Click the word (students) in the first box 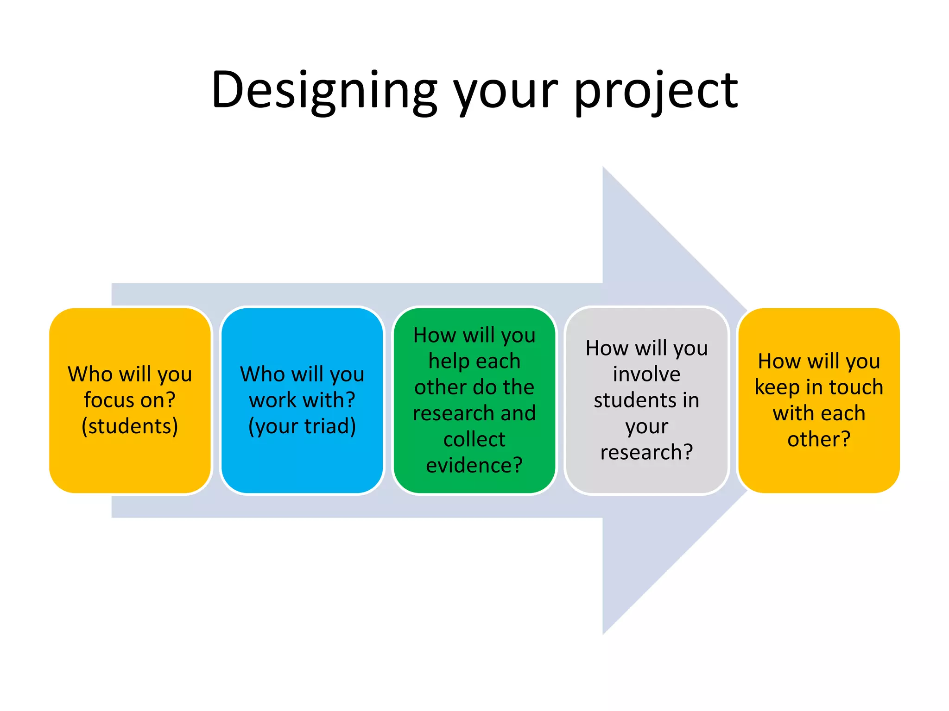pyautogui.click(x=130, y=426)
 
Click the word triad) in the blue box pyautogui.click(x=330, y=426)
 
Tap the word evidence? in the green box pyautogui.click(x=474, y=465)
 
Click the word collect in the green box pyautogui.click(x=474, y=439)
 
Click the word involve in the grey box pyautogui.click(x=646, y=374)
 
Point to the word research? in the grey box pyautogui.click(x=646, y=452)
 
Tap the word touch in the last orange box pyautogui.click(x=856, y=387)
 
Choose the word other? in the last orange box pyautogui.click(x=819, y=439)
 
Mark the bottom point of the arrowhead pyautogui.click(x=603, y=633)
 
